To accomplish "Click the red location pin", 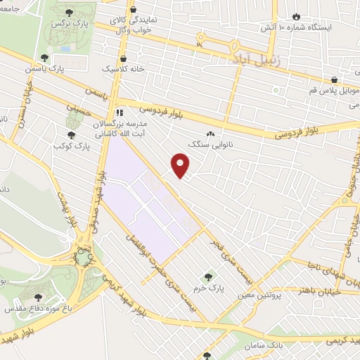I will (x=181, y=167).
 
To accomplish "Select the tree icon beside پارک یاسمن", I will (x=44, y=58).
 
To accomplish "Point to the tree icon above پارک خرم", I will (x=207, y=277).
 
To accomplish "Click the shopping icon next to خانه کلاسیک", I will (x=124, y=59).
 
